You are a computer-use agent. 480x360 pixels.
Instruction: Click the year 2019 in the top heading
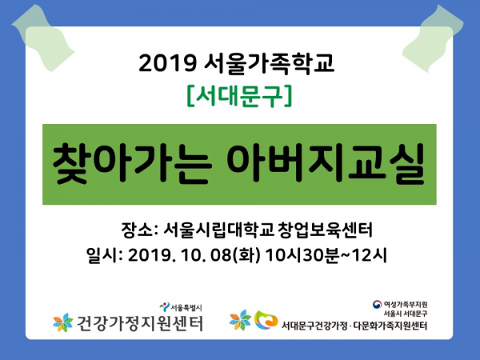click(x=167, y=63)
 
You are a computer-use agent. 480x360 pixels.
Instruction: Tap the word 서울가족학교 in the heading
click(x=269, y=64)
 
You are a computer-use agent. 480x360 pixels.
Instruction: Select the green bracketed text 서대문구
click(x=239, y=97)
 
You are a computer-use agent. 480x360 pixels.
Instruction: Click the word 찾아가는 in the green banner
click(x=133, y=164)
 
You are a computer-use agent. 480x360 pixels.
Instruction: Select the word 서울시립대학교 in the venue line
click(x=218, y=230)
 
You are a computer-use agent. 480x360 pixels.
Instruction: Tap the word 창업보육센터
click(x=326, y=230)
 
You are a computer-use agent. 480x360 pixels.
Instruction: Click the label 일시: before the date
click(x=105, y=255)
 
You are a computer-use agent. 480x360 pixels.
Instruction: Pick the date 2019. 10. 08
click(x=179, y=255)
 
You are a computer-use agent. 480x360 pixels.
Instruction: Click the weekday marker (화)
click(x=246, y=255)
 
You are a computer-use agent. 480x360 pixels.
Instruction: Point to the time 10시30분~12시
click(x=326, y=255)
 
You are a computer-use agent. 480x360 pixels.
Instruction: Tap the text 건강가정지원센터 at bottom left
click(x=139, y=323)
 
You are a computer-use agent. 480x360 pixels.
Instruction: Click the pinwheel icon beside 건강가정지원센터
click(x=62, y=322)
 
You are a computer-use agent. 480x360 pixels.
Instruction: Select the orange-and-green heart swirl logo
click(x=266, y=320)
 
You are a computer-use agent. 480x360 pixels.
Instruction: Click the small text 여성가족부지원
click(x=406, y=304)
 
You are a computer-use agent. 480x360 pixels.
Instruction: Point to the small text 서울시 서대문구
click(x=406, y=314)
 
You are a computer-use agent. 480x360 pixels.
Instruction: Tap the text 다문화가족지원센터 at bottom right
click(x=390, y=326)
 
